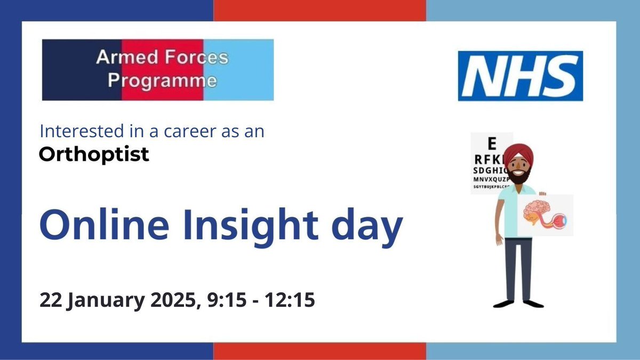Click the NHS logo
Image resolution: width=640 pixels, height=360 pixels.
pos(520,76)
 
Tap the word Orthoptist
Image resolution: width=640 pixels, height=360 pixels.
pos(94,155)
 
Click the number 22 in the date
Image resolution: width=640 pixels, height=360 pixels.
pos(51,300)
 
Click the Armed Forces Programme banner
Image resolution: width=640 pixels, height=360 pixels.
pos(158,69)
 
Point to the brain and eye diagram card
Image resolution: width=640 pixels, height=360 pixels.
pos(546,215)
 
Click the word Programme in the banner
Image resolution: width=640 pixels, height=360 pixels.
pos(163,81)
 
